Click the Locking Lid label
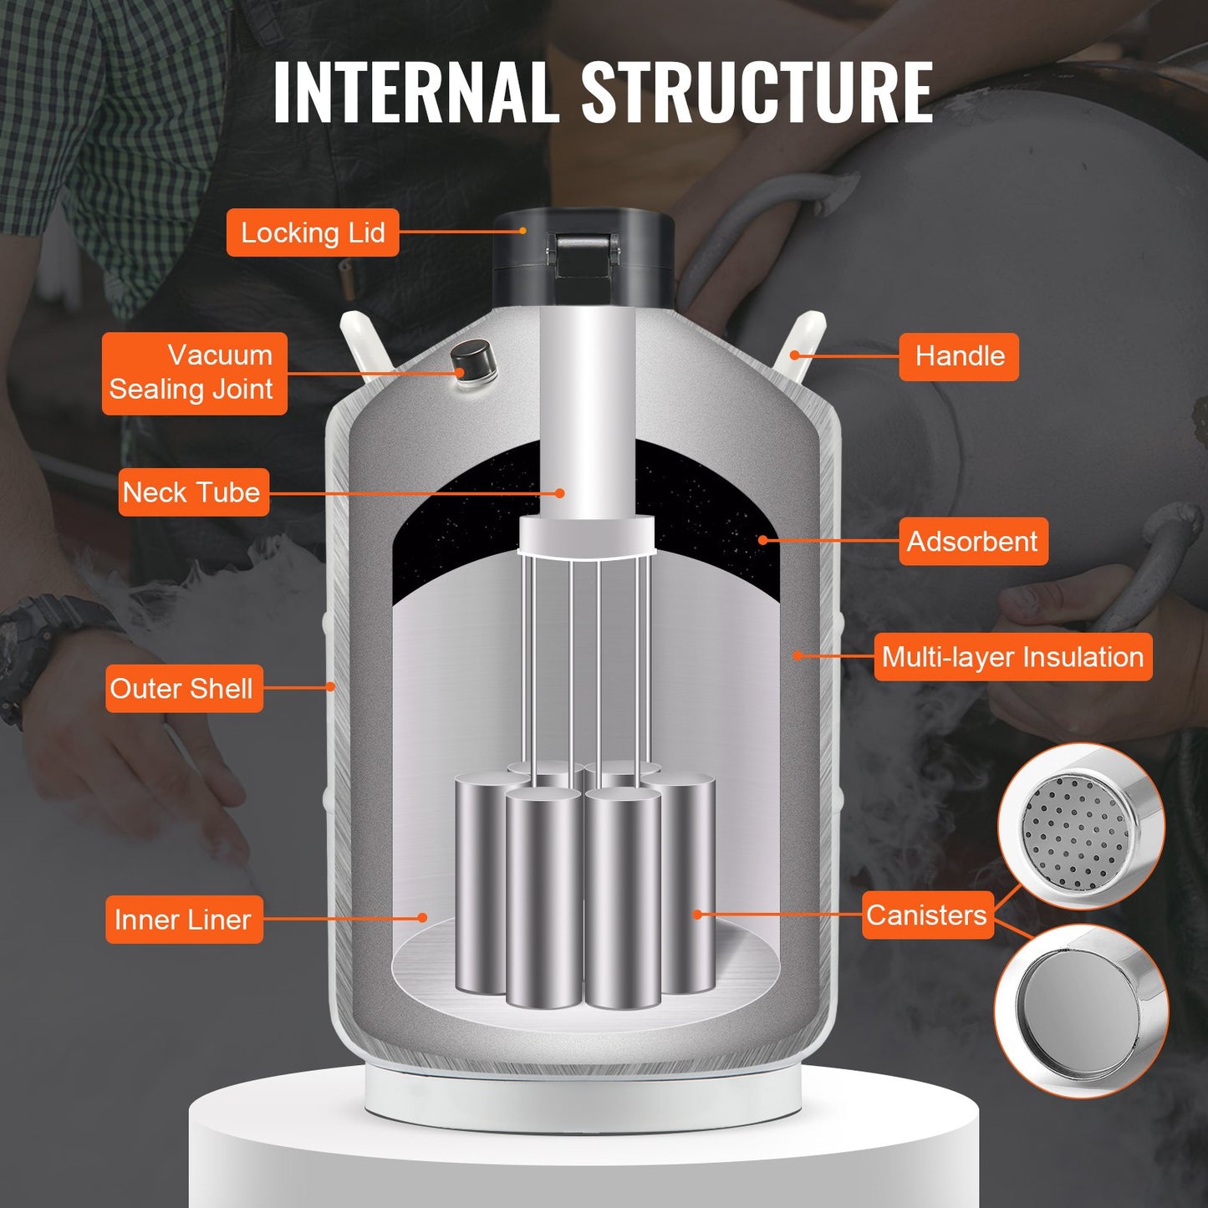pos(313,232)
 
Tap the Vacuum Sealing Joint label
pos(194,373)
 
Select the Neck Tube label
pos(193,492)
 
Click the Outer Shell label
pos(183,688)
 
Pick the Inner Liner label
pos(183,920)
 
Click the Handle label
pos(959,356)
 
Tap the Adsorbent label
pos(972,541)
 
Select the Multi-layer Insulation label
pos(1012,657)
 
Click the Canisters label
pos(926,915)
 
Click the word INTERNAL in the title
pos(415,92)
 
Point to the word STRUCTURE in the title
pos(757,92)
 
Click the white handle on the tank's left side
pos(363,343)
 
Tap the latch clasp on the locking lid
pos(584,255)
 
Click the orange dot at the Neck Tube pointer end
pos(560,493)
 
